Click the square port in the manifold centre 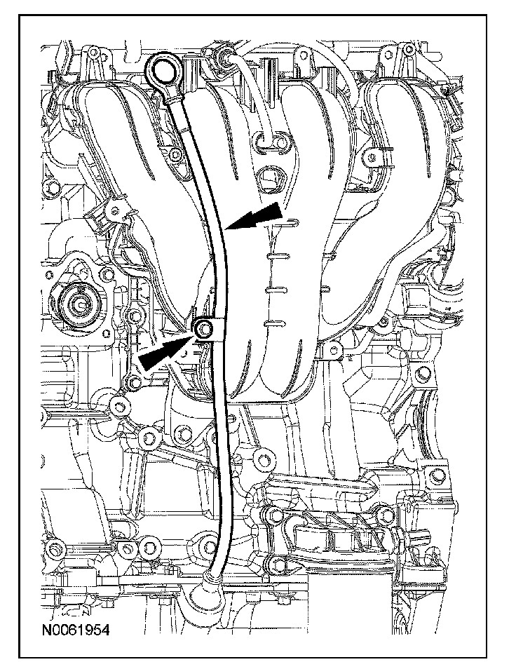(269, 180)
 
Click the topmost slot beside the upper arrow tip (291, 223)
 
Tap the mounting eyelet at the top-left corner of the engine (92, 53)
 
